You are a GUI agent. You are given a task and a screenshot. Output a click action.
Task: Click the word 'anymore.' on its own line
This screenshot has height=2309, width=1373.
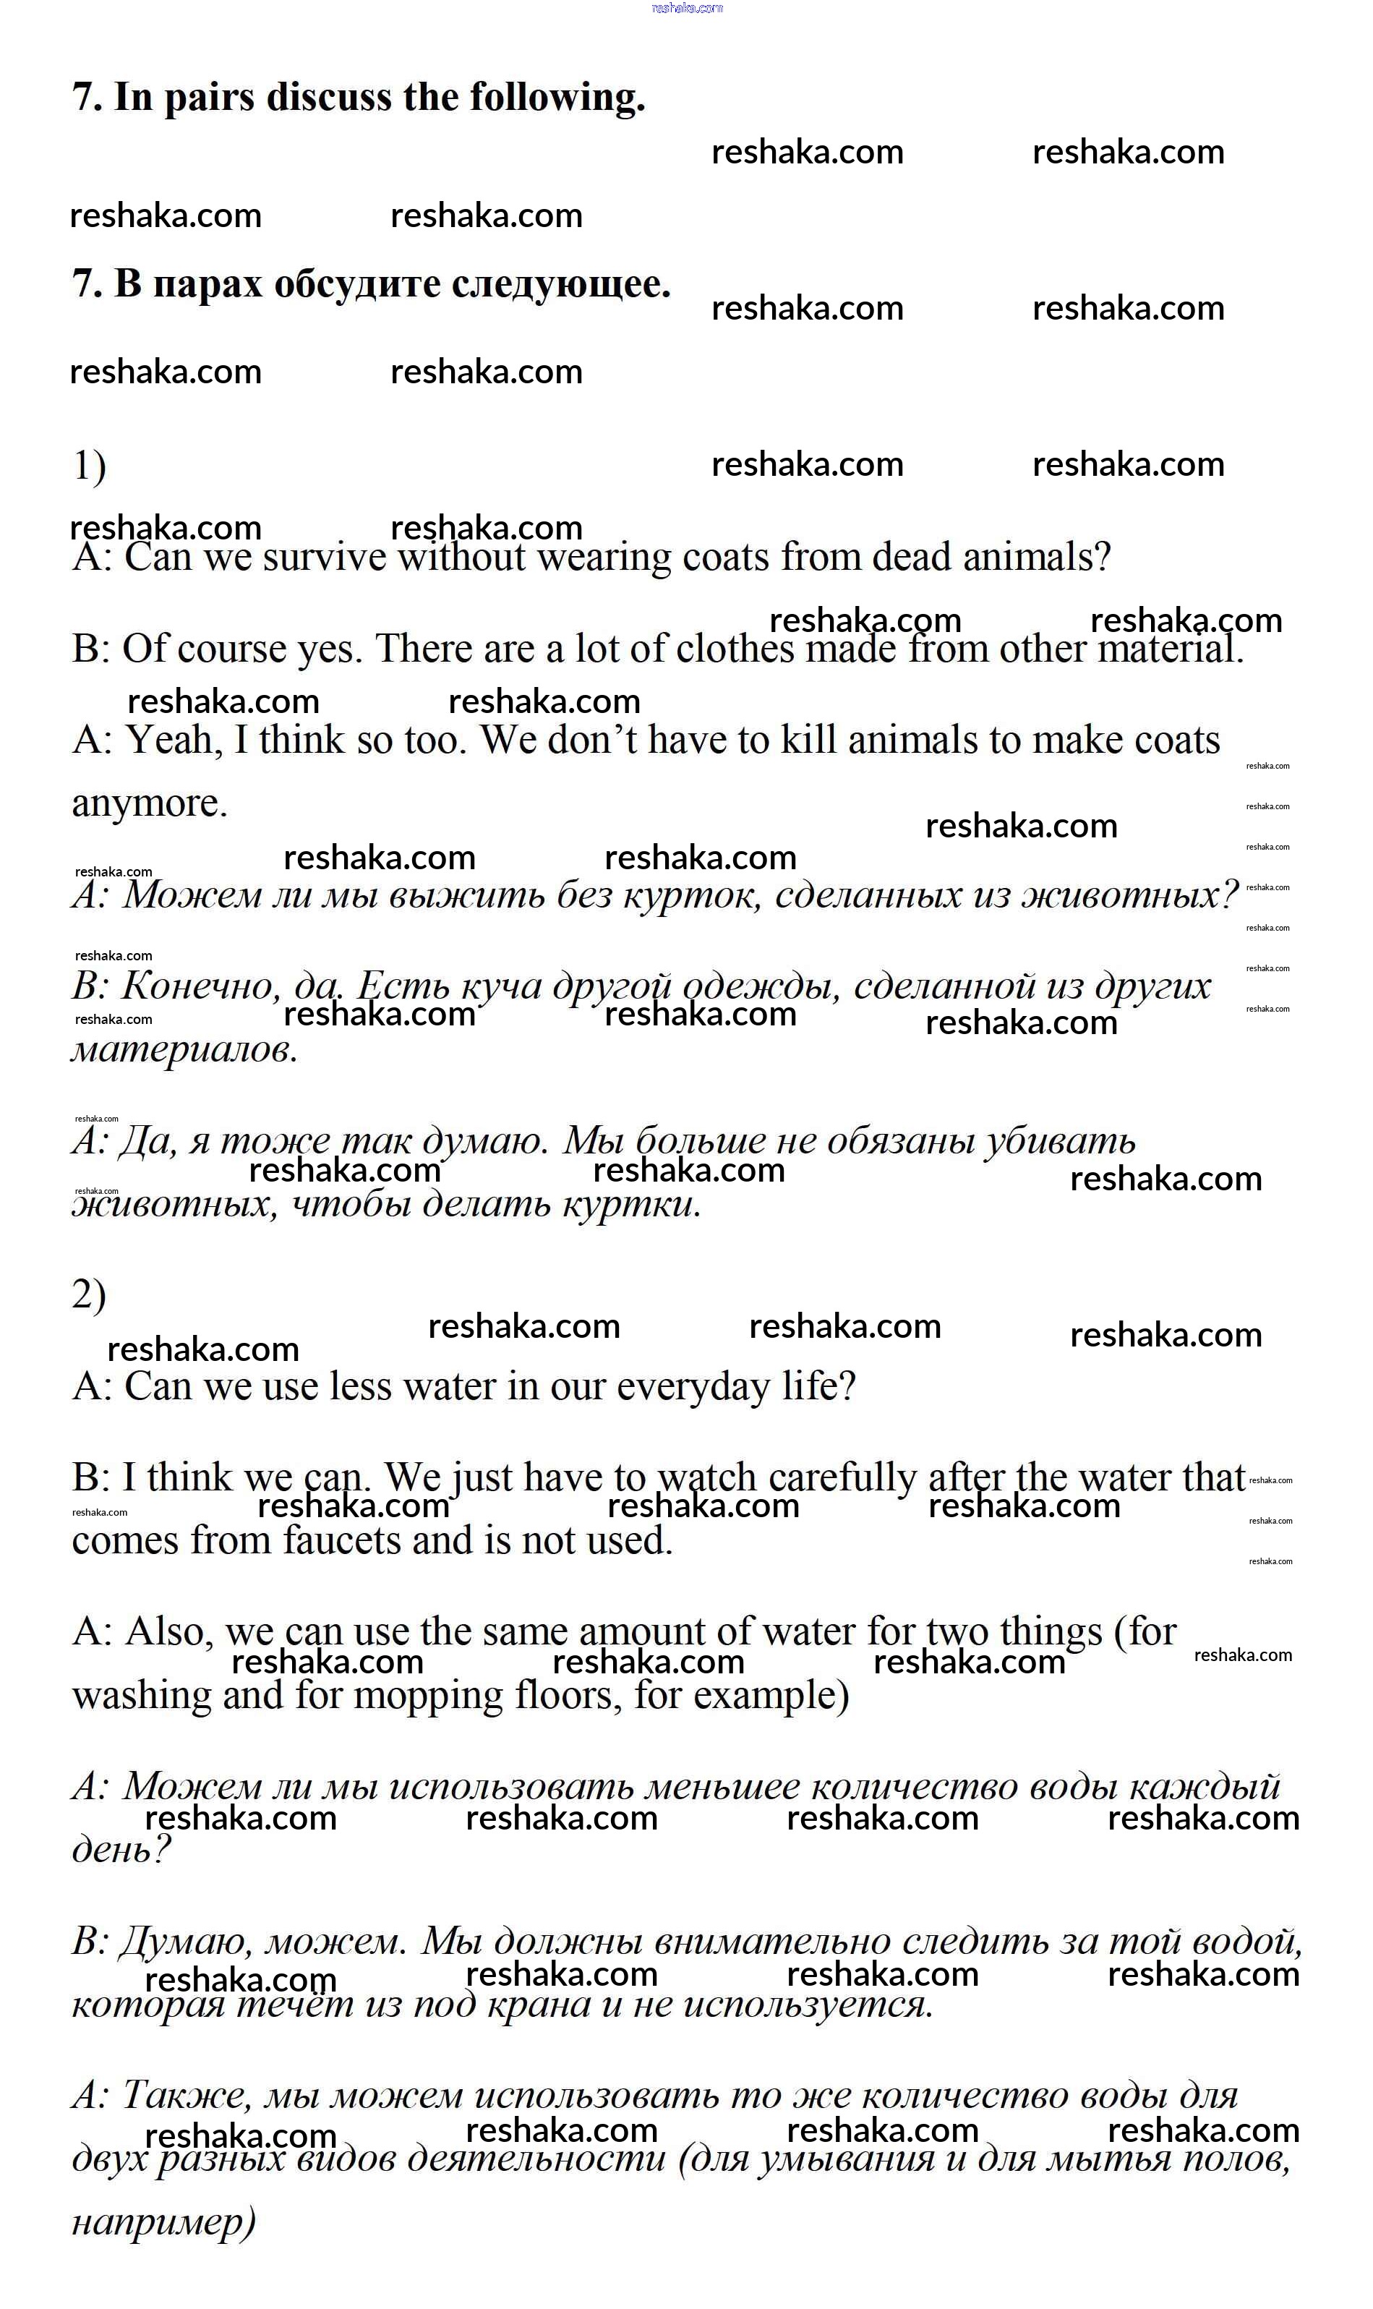(150, 803)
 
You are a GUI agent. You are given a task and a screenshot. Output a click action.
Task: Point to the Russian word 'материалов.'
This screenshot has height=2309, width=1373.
(185, 1049)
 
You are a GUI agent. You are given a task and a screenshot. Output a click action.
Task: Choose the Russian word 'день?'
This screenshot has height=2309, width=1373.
(121, 1850)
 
